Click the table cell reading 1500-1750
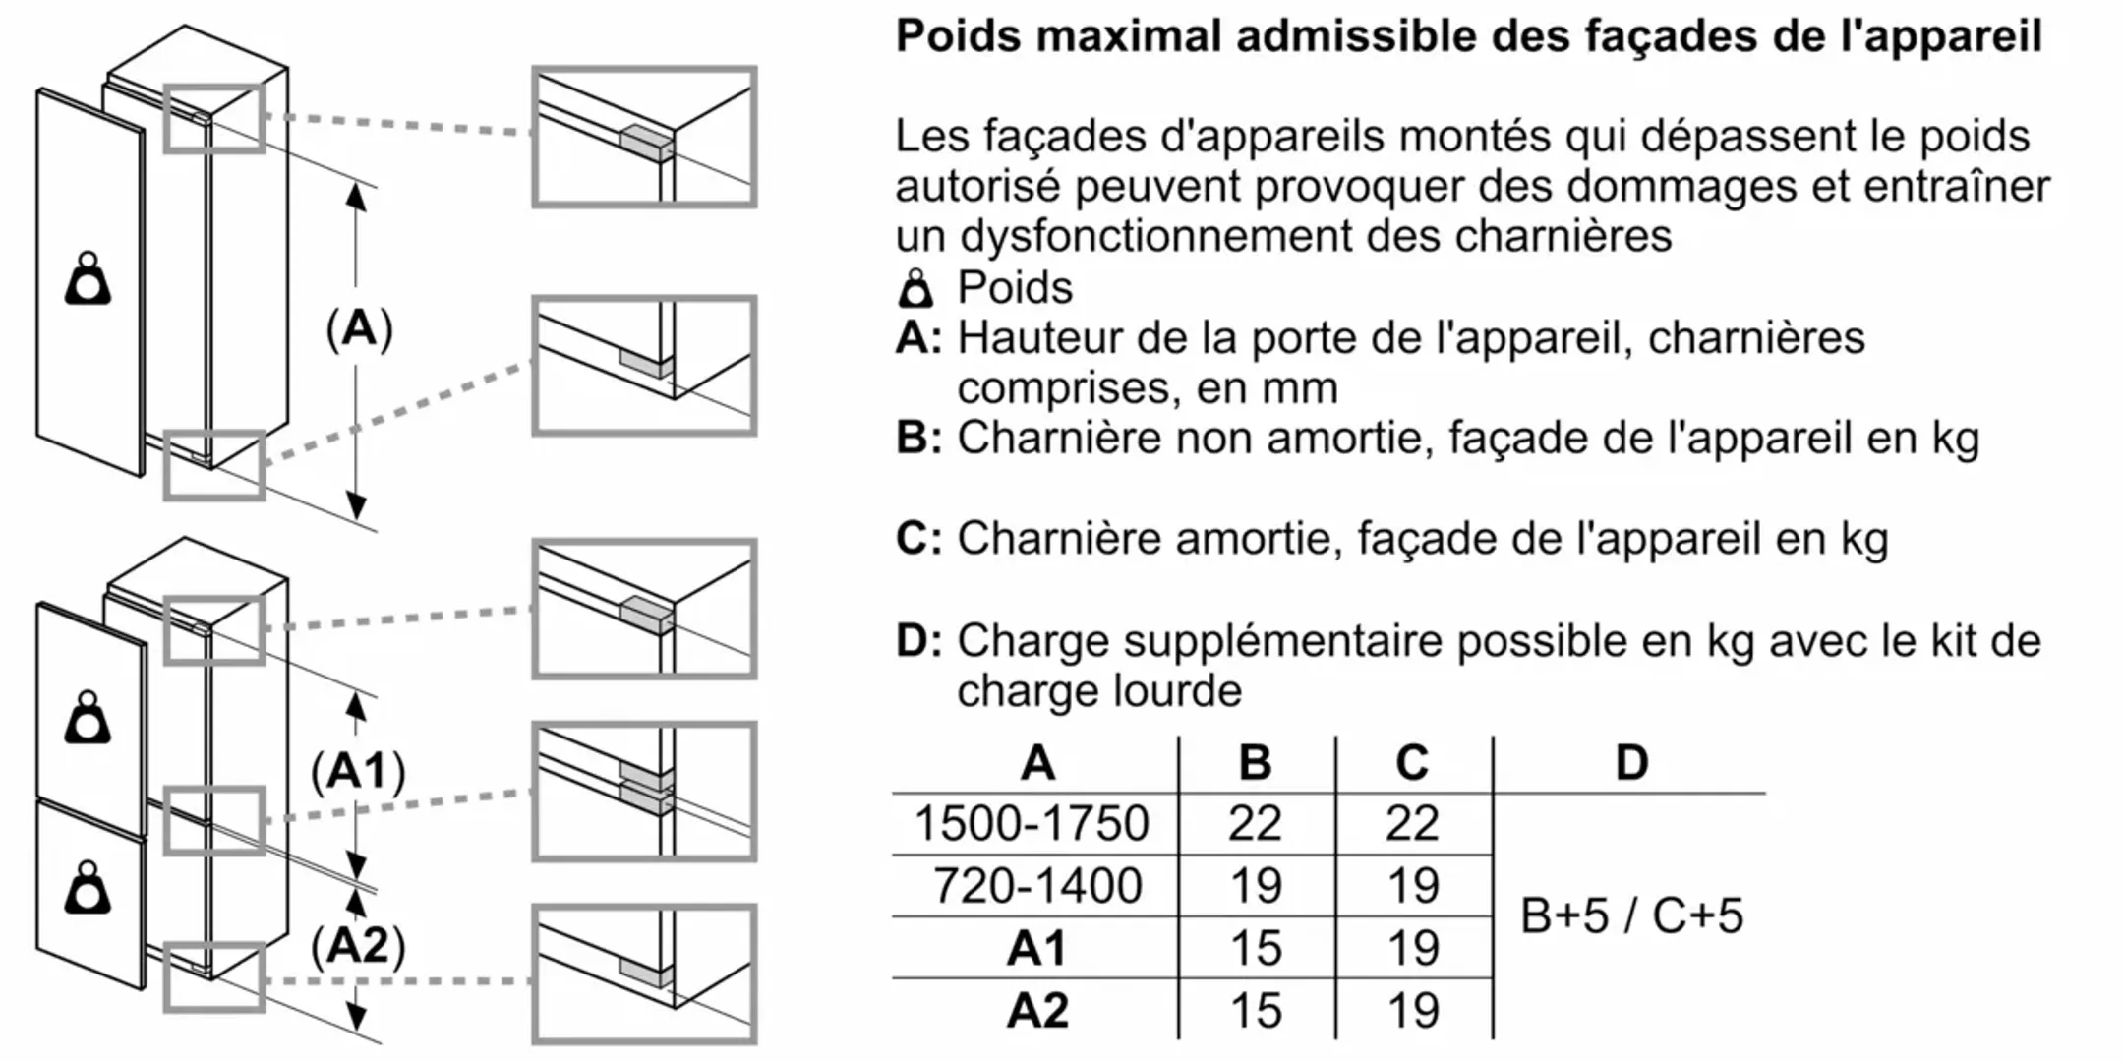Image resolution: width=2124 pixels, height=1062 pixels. tap(1032, 823)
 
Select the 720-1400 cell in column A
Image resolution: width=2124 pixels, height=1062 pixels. tap(1036, 886)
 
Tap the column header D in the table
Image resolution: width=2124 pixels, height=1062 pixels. tap(1631, 762)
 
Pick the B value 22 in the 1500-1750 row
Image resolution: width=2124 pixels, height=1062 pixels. tap(1255, 823)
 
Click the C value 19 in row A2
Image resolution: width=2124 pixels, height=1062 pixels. tap(1413, 1010)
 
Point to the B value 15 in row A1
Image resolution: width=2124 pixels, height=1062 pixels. tap(1256, 948)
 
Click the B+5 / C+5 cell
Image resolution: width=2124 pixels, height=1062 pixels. tap(1631, 915)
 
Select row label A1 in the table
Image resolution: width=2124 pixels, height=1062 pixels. tap(1036, 948)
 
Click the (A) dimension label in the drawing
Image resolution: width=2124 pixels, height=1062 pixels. tap(359, 328)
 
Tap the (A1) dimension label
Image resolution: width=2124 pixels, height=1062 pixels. tap(358, 771)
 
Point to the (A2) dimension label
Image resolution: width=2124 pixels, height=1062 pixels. tap(358, 945)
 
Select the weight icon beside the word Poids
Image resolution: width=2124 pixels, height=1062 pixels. tap(915, 289)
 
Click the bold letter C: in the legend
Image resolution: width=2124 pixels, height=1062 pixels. tap(918, 539)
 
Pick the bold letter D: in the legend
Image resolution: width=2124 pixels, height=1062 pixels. tap(918, 641)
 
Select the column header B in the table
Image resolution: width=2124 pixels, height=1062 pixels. tap(1255, 762)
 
